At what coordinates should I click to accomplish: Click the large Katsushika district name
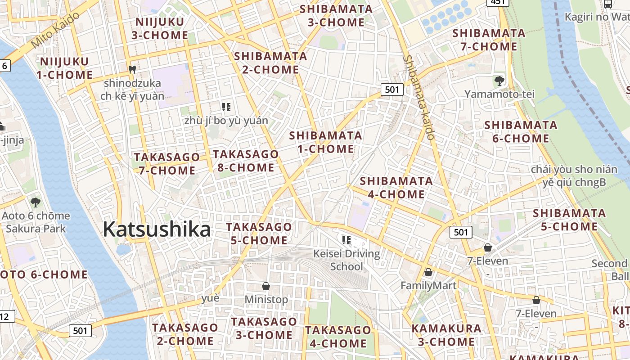157,229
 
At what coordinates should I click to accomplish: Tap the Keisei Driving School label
346,260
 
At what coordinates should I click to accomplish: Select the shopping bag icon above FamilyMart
428,272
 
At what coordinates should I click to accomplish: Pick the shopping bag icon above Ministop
266,286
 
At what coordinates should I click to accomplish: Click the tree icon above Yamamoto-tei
499,81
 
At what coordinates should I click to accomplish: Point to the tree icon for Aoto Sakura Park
36,202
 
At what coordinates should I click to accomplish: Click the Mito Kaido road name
56,30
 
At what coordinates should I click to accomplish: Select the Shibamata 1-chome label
325,142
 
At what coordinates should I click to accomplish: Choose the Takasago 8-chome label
246,161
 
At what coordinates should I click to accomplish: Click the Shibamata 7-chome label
489,40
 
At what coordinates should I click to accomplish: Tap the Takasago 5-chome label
259,234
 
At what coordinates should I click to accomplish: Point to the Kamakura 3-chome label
446,335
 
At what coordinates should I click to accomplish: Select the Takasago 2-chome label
185,334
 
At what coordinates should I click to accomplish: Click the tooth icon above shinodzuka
132,69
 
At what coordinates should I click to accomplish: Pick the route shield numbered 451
498,2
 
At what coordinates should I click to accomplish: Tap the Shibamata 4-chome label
396,188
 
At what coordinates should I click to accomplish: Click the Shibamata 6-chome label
521,131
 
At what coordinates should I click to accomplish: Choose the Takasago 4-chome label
338,337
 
